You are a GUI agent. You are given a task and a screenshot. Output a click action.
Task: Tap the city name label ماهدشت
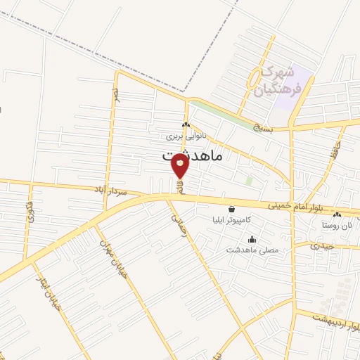pos(192,155)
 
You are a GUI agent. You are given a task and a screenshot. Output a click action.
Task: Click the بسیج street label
pos(281,128)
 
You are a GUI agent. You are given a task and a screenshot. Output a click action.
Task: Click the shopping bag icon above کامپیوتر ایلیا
pos(232,209)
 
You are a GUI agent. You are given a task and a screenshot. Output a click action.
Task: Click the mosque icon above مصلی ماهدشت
pos(252,239)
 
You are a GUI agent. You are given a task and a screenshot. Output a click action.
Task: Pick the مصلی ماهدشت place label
pos(252,250)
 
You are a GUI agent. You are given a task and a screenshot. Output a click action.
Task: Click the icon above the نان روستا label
pos(337,214)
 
